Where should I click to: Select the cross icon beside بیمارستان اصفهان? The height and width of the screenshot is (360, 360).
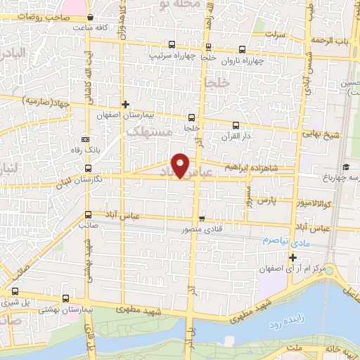point(124,104)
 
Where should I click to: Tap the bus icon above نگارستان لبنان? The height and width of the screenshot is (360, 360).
point(88,168)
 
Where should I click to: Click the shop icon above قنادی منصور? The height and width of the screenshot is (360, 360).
point(202,218)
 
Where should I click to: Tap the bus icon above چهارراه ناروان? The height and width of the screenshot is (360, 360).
point(243,49)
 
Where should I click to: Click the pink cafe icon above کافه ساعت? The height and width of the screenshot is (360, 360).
point(91,16)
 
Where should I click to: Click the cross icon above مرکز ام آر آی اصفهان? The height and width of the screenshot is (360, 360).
point(293,257)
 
